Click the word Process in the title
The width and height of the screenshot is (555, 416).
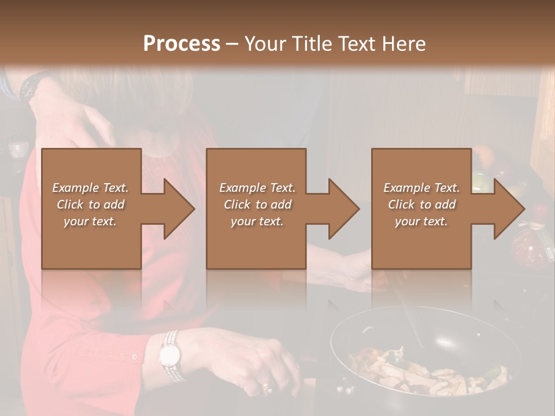[x=182, y=43]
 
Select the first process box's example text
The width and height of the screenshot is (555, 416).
[x=91, y=205]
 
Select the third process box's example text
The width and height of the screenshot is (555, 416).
[x=421, y=205]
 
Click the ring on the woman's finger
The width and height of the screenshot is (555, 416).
[x=267, y=386]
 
